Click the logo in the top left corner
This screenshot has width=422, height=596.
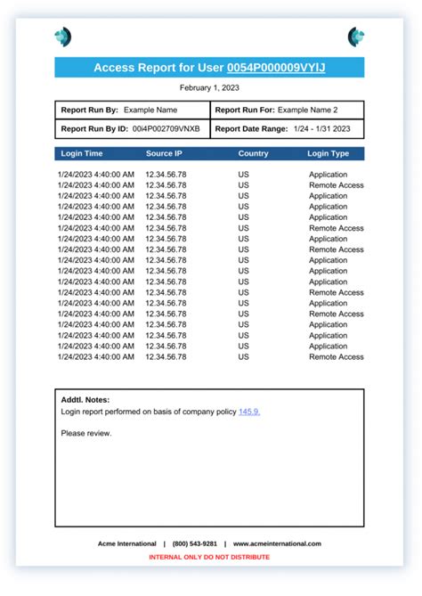point(62,37)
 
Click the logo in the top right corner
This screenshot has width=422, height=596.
point(356,37)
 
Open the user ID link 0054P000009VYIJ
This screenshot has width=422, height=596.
point(276,68)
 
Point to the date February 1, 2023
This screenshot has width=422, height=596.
point(209,88)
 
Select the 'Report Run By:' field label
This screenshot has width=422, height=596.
point(89,110)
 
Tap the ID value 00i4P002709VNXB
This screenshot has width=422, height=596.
point(166,128)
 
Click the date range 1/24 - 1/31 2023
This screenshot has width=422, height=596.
point(321,128)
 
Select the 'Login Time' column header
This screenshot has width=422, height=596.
point(81,154)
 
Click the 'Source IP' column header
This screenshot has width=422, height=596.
point(165,154)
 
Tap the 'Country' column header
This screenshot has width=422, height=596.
point(253,154)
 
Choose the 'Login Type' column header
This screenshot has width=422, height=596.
point(329,154)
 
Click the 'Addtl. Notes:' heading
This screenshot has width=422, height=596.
point(85,400)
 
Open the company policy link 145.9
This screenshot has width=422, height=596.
point(249,412)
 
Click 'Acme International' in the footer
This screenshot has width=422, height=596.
point(126,543)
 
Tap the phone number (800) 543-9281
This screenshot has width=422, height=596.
point(196,543)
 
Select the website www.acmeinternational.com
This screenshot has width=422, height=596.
point(277,543)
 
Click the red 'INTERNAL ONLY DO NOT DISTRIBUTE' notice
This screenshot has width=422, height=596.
point(209,557)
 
